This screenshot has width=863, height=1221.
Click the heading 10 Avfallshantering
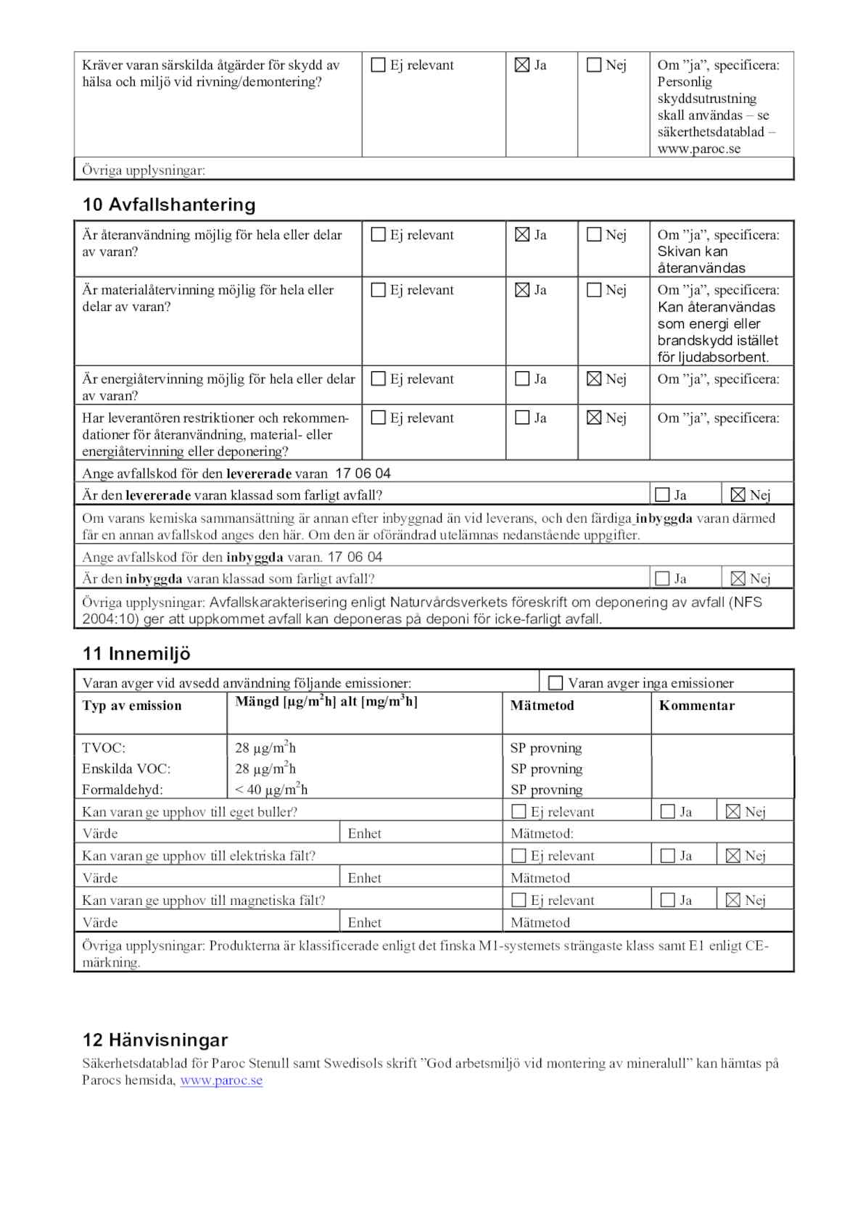pyautogui.click(x=169, y=205)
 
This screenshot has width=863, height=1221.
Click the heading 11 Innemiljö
pyautogui.click(x=136, y=654)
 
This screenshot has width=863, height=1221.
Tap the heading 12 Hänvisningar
pyautogui.click(x=155, y=1040)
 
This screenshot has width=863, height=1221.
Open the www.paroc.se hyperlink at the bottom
pyautogui.click(x=221, y=1080)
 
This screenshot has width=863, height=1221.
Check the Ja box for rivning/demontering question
pyautogui.click(x=522, y=65)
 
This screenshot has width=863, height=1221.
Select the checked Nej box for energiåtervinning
pyautogui.click(x=594, y=379)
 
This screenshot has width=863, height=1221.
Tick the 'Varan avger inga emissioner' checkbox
pyautogui.click(x=556, y=683)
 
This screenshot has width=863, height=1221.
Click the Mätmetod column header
pyautogui.click(x=542, y=705)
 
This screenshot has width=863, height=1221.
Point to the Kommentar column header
pyautogui.click(x=696, y=705)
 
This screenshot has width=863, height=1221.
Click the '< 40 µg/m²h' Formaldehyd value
pyautogui.click(x=271, y=790)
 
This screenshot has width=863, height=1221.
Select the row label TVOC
pyautogui.click(x=104, y=748)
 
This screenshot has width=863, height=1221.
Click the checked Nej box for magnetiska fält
pyautogui.click(x=733, y=901)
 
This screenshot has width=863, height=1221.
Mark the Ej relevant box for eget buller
pyautogui.click(x=519, y=812)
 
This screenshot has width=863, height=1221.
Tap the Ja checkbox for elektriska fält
pyautogui.click(x=668, y=856)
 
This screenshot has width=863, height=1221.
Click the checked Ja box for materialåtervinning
pyautogui.click(x=522, y=290)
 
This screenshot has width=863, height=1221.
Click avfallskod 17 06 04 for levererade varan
pyautogui.click(x=363, y=473)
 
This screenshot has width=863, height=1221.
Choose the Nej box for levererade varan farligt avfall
pyautogui.click(x=738, y=495)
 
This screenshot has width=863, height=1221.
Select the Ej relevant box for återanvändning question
pyautogui.click(x=379, y=235)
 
